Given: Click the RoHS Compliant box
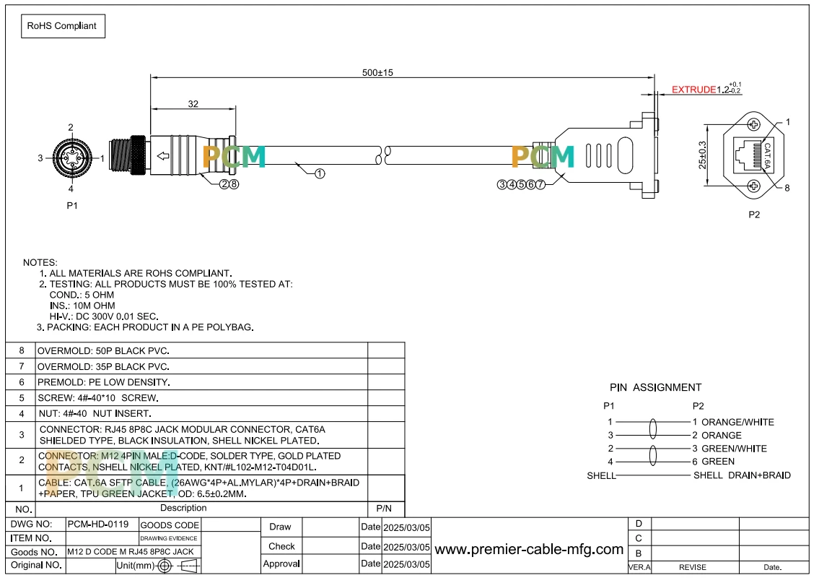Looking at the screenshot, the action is click(63, 26).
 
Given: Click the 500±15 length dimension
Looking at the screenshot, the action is click(377, 73).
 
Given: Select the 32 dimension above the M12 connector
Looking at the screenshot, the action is click(193, 104).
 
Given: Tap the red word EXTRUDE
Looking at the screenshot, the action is click(693, 90).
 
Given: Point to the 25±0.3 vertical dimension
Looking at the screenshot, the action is click(703, 155).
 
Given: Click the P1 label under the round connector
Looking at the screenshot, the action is click(72, 205).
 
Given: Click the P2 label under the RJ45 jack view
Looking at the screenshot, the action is click(754, 215).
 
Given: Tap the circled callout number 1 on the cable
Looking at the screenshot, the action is click(320, 173).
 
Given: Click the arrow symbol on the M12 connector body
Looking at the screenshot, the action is click(163, 156).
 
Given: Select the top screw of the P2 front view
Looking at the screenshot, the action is click(754, 124).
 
